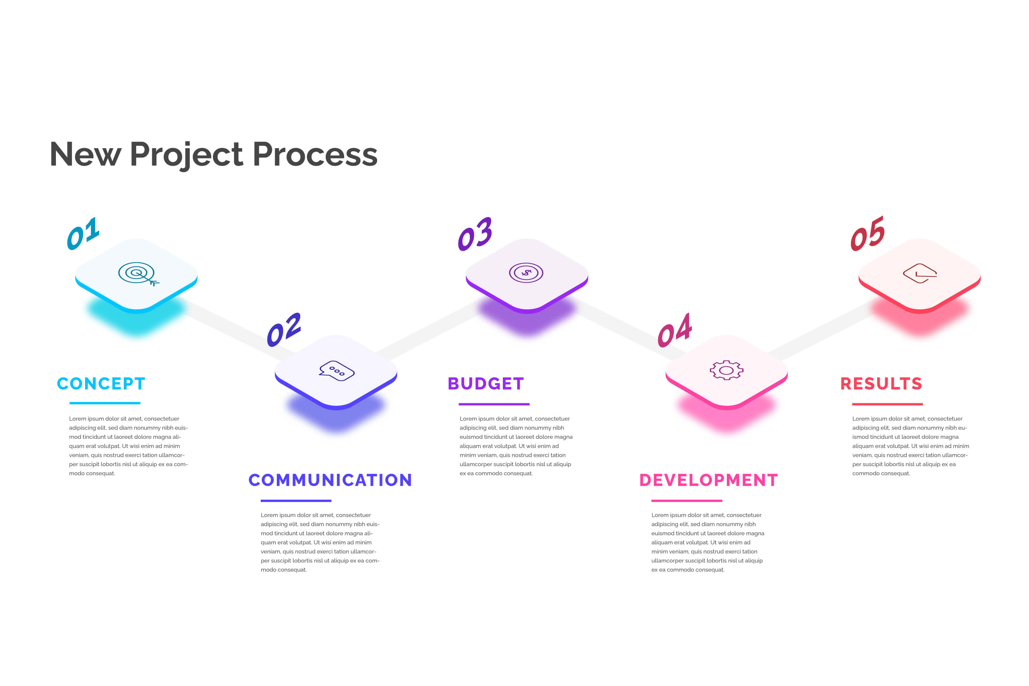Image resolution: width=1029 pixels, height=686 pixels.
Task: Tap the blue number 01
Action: pos(83,234)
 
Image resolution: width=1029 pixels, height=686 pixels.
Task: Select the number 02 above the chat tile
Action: pos(284,330)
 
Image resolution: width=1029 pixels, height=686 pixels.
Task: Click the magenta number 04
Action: pos(674,331)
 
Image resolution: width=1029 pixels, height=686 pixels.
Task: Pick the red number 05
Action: pos(867,234)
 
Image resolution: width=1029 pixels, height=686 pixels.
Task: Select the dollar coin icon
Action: pos(526,273)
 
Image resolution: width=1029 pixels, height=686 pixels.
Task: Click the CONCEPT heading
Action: pos(101,384)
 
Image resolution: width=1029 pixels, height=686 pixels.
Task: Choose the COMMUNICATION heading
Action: pos(330,480)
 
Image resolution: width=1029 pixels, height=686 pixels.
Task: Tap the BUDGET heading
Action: pos(486,384)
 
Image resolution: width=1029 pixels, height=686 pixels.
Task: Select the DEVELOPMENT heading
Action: pos(708,480)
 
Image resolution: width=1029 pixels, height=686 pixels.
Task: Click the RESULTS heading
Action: pos(881,384)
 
